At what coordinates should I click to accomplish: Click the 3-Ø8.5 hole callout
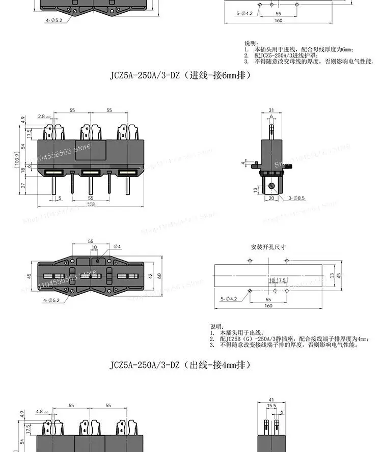click(296, 198)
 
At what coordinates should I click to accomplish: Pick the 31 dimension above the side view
click(271, 110)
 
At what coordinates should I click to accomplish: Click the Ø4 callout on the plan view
click(117, 247)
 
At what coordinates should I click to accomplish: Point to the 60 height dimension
click(159, 275)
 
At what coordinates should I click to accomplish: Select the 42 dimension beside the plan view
click(150, 275)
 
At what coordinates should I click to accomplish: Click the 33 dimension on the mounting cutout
click(331, 275)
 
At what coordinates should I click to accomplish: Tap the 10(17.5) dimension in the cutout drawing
click(276, 280)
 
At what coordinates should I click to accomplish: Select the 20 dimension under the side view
click(271, 198)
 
